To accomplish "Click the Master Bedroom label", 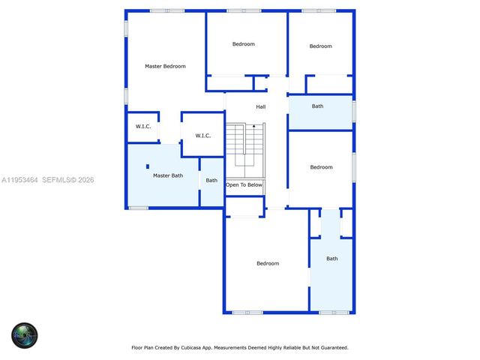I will click(x=165, y=66).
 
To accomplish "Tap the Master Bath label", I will click(x=167, y=175).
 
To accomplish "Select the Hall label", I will click(x=260, y=106).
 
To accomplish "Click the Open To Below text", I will click(x=244, y=184).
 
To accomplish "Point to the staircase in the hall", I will click(x=246, y=146).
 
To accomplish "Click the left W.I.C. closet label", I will click(x=143, y=126).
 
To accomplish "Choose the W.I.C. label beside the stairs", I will click(x=202, y=136).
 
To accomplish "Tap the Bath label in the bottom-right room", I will click(x=331, y=259).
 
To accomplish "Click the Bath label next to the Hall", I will click(x=318, y=106).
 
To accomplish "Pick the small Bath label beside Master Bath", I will click(x=211, y=180).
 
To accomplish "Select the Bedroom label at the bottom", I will click(x=268, y=263).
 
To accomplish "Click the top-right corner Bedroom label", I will click(x=320, y=46).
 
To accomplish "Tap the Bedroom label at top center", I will click(x=244, y=44).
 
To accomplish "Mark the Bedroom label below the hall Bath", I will click(x=321, y=167).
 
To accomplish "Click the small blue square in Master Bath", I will click(x=148, y=166).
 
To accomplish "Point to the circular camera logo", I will click(x=24, y=334).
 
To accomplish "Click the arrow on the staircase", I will click(x=253, y=127).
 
